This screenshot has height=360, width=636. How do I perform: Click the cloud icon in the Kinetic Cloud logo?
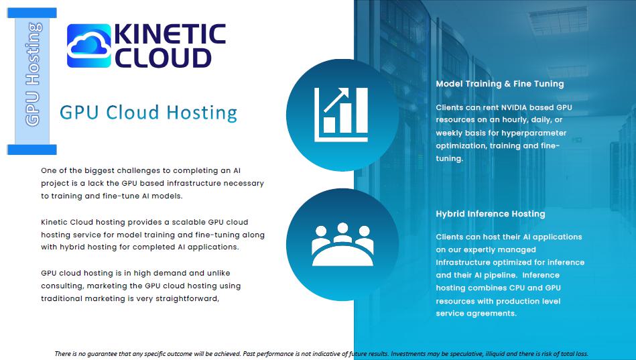coord(89,46)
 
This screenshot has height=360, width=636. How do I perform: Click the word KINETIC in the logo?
coord(170,34)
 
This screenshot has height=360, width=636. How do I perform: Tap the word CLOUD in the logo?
coord(163,58)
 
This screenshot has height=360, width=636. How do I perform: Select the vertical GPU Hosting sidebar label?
coord(32,74)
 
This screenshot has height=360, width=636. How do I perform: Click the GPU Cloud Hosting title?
coord(149,113)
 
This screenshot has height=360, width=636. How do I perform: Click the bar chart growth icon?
coord(341,115)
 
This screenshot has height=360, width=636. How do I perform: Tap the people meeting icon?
coord(342,244)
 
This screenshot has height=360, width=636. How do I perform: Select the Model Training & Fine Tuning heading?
coord(500,84)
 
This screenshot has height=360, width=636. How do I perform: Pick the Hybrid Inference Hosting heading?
coord(491,214)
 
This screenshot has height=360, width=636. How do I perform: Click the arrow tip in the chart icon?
coord(347,89)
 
